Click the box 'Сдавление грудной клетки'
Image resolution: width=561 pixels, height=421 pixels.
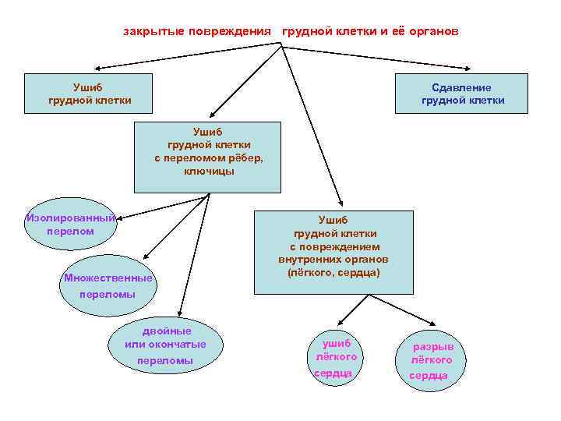[x=462, y=94]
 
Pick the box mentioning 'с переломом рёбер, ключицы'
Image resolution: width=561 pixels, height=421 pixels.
[x=207, y=156]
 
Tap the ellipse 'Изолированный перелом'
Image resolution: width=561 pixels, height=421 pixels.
[x=70, y=225]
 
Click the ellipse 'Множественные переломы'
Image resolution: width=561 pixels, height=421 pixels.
[x=108, y=286]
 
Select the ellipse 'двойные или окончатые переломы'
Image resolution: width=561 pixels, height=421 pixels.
[x=164, y=344]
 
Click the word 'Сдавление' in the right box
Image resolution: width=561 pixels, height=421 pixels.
[x=462, y=87]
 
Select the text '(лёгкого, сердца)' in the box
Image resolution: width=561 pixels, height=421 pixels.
[x=333, y=273]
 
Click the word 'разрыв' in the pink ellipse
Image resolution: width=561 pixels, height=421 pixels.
[x=433, y=346]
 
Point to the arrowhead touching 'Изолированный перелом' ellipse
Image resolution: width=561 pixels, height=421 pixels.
[x=121, y=217]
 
